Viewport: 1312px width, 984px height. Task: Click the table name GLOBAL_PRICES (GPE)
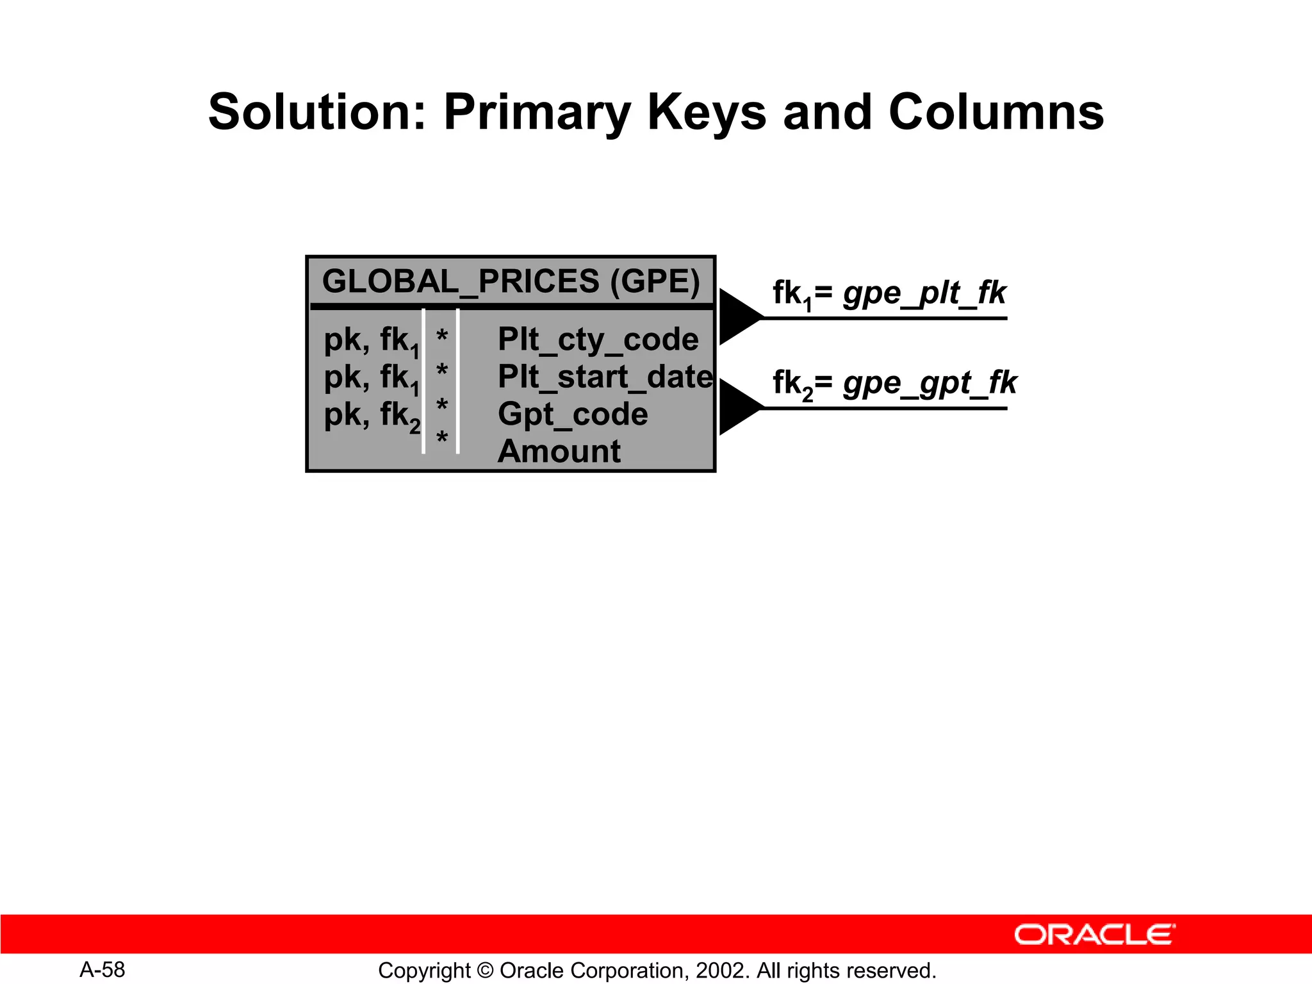click(x=511, y=281)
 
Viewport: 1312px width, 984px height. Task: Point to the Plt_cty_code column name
click(x=598, y=339)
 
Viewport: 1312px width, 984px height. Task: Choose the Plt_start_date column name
click(x=605, y=376)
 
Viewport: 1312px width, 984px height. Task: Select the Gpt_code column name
click(x=573, y=414)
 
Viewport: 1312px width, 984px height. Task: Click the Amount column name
click(x=559, y=451)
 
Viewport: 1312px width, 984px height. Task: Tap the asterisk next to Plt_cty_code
click(x=441, y=336)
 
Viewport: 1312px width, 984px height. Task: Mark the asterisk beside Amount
click(x=441, y=439)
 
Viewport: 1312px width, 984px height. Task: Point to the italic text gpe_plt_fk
click(x=924, y=293)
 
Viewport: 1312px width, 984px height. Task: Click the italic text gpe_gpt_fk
click(x=930, y=383)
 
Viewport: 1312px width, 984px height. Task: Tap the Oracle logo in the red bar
click(x=1094, y=935)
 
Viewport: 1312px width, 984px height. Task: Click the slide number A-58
click(x=102, y=969)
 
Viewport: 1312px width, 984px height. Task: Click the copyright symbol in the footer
click(x=485, y=971)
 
